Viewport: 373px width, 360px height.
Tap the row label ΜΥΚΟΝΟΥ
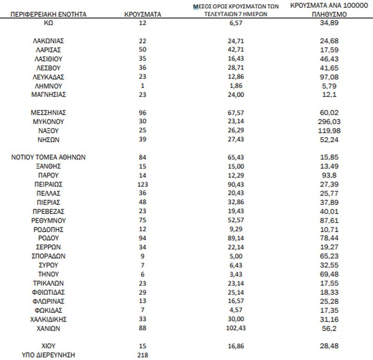(49, 121)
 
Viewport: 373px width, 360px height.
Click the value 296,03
(326, 121)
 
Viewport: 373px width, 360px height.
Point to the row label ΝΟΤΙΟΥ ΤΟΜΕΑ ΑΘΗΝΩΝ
(49, 157)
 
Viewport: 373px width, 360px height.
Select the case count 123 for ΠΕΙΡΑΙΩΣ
(143, 185)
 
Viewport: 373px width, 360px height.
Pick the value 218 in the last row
(143, 355)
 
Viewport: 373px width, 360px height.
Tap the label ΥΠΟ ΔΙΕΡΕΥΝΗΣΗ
(49, 355)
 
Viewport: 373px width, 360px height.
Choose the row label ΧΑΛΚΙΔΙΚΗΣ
(49, 319)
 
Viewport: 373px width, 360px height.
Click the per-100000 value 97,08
(326, 76)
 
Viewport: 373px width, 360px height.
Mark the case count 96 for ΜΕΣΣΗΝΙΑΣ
(143, 112)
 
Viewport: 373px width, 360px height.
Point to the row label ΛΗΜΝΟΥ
(49, 86)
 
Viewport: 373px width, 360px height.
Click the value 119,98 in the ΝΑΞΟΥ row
(326, 130)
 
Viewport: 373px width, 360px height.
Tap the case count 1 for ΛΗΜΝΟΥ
(143, 86)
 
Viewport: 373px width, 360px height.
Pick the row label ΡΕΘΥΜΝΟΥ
(49, 220)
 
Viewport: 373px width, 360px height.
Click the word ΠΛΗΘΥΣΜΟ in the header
(326, 14)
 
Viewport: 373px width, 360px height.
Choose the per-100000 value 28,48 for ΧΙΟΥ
(326, 346)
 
